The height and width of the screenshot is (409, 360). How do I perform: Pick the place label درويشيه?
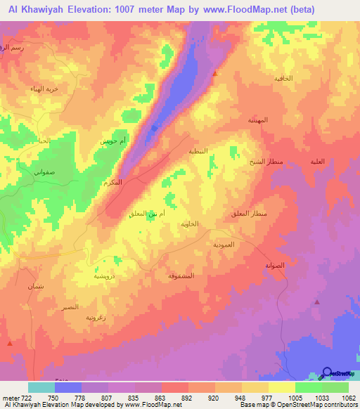pyautogui.click(x=105, y=276)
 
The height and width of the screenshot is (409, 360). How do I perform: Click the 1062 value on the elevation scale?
pyautogui.click(x=340, y=398)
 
